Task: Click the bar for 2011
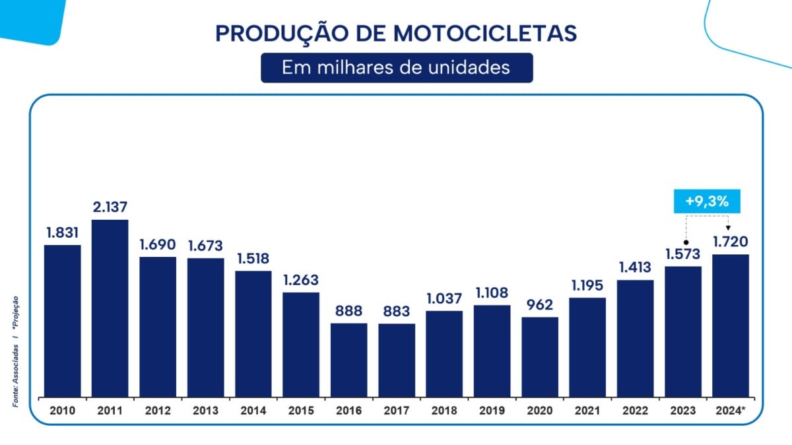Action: click(x=110, y=308)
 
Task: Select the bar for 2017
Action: click(x=397, y=360)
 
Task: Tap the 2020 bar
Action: click(x=540, y=357)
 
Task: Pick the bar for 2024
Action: click(x=731, y=325)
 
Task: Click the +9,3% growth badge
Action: click(x=707, y=201)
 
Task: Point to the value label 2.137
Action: click(x=110, y=207)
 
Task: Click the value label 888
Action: click(x=348, y=311)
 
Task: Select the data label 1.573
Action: click(x=682, y=254)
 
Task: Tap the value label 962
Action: click(x=540, y=304)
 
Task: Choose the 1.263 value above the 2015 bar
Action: click(x=301, y=280)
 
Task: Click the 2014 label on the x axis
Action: click(x=253, y=411)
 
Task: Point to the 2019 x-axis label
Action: click(x=492, y=411)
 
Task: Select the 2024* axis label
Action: click(x=731, y=410)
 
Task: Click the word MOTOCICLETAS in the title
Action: click(x=485, y=34)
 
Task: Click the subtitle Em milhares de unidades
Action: click(x=396, y=67)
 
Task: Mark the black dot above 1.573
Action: click(x=686, y=243)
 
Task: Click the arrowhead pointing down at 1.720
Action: click(x=728, y=228)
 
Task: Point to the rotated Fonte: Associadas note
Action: click(x=16, y=376)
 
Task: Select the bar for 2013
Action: click(x=206, y=327)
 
